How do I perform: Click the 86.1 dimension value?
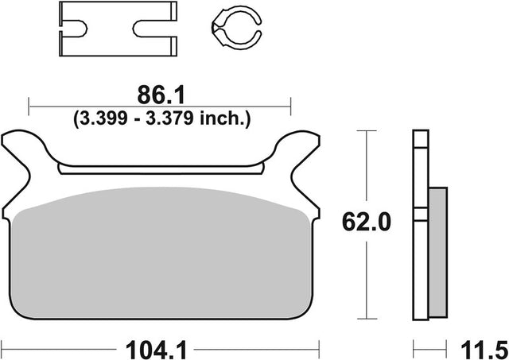tap(161, 95)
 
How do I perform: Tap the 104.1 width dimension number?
tap(156, 350)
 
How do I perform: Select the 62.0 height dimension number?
tap(367, 223)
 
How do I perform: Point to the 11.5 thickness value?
tap(484, 350)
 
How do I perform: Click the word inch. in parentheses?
tap(225, 118)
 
